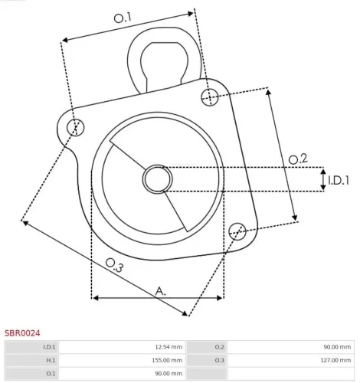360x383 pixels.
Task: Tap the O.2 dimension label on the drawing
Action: click(x=297, y=159)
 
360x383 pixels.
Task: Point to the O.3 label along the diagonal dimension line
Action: click(x=114, y=265)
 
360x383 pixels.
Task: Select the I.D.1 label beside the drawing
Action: click(x=338, y=181)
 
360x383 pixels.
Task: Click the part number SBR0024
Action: click(x=23, y=333)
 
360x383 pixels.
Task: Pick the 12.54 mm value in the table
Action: click(x=168, y=347)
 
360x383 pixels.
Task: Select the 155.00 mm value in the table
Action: click(x=166, y=360)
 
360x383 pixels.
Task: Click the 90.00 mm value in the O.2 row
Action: click(x=336, y=347)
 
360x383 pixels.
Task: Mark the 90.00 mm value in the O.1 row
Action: click(x=168, y=373)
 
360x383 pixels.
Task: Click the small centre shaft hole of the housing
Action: click(x=157, y=179)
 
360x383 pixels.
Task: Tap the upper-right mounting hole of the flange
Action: click(x=210, y=96)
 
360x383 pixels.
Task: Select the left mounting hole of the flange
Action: click(x=74, y=126)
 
